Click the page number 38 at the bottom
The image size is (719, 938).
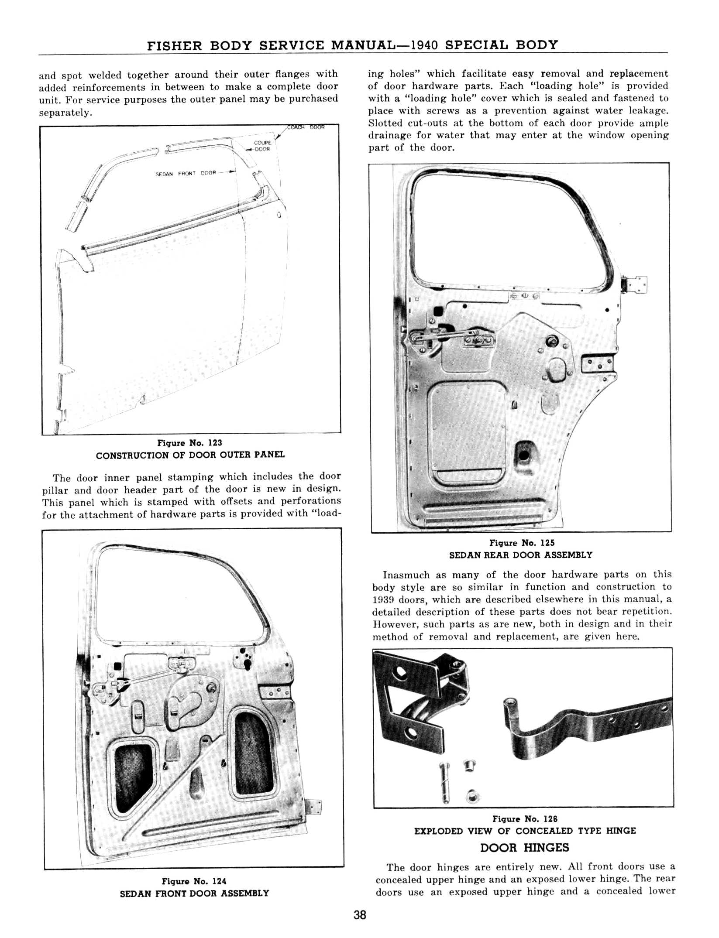click(x=360, y=915)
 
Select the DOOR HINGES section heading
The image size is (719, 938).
click(x=524, y=848)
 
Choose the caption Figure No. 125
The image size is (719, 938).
click(x=522, y=543)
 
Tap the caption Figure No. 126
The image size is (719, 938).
click(x=525, y=819)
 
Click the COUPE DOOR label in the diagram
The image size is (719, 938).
click(x=262, y=146)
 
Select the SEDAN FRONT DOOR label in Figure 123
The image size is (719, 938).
click(x=186, y=173)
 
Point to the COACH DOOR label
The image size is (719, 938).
click(x=306, y=127)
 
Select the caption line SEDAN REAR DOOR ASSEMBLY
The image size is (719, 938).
click(x=521, y=555)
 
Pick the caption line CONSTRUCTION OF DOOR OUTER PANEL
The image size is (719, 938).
click(x=190, y=455)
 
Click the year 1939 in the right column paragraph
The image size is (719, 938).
click(x=382, y=599)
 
